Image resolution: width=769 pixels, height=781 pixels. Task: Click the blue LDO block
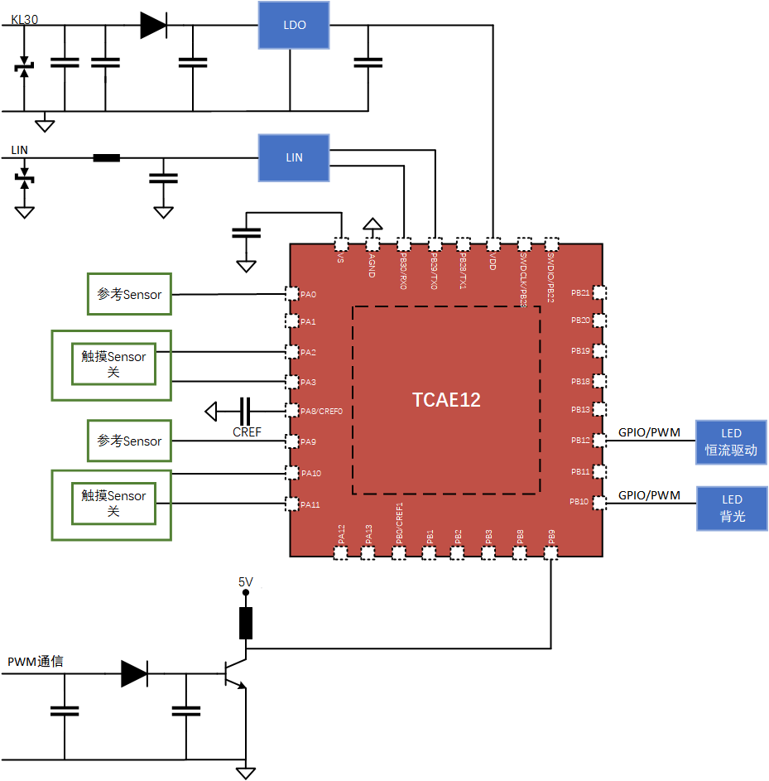tap(294, 25)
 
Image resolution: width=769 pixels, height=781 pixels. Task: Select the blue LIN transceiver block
tap(294, 157)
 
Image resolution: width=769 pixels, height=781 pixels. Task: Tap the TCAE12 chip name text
tap(446, 400)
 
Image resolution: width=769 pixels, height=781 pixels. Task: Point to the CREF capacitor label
tap(247, 431)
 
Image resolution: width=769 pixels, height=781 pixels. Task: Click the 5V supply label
tap(245, 582)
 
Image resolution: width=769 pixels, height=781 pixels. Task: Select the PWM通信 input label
tap(36, 662)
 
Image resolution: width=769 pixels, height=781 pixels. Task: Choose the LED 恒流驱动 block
tap(731, 442)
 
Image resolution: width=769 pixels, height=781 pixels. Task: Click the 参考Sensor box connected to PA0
tap(130, 294)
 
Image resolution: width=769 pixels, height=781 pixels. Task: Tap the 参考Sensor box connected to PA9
tap(130, 441)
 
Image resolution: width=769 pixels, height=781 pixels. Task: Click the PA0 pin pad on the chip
tap(291, 294)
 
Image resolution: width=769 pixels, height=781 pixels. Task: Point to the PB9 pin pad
tap(551, 552)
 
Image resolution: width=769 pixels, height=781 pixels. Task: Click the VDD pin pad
tap(493, 244)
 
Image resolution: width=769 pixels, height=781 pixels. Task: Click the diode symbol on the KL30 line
tap(153, 26)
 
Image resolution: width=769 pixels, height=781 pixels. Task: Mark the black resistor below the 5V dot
tap(245, 623)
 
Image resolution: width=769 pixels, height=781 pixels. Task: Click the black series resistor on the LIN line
tap(106, 157)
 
